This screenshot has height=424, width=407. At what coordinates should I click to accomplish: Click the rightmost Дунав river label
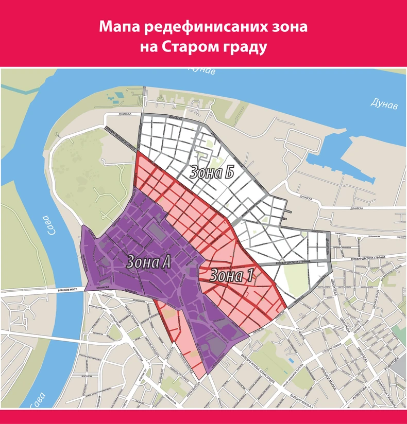click(384, 105)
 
